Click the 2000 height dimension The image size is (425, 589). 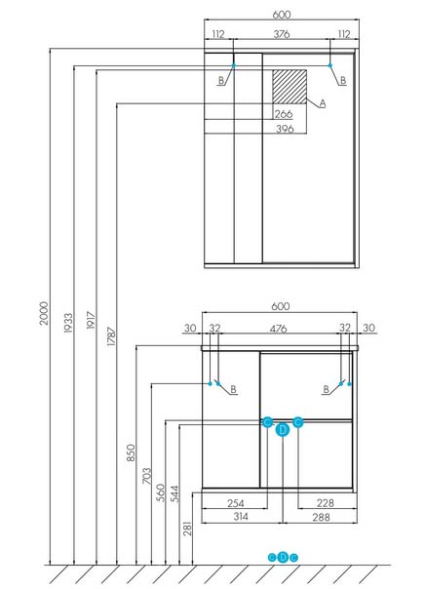(44, 313)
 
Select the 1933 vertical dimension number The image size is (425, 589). (68, 323)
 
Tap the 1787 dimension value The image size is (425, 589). (111, 336)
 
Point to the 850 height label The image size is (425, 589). (131, 452)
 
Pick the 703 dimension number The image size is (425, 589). (147, 476)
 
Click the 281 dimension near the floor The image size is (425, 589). (187, 529)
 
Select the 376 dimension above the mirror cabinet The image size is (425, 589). (281, 34)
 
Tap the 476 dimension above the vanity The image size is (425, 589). (278, 329)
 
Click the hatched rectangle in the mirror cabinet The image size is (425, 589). (290, 87)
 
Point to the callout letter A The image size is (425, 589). (322, 103)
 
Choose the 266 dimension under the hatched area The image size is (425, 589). (284, 114)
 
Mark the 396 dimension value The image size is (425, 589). (285, 129)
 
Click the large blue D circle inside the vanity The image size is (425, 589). (283, 430)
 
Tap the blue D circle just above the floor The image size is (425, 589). (283, 557)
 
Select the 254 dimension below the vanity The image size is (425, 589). (235, 503)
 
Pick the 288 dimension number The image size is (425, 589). (321, 517)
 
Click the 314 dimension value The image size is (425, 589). (241, 517)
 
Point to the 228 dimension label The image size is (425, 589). (326, 503)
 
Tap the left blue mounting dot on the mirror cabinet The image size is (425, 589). (234, 65)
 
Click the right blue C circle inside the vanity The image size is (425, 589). (297, 422)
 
